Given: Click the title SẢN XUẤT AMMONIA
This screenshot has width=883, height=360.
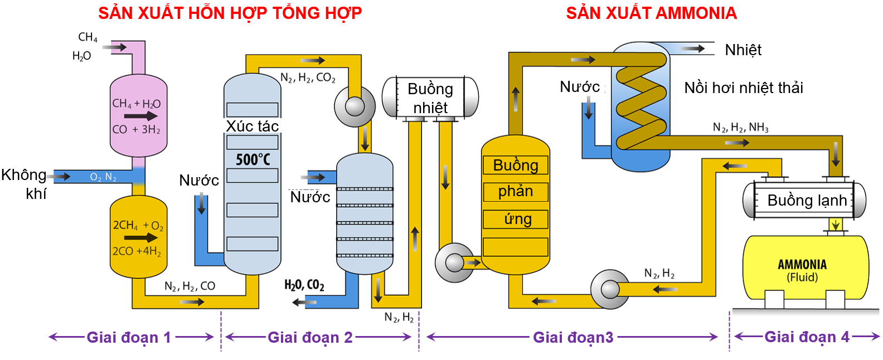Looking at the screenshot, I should [x=651, y=13].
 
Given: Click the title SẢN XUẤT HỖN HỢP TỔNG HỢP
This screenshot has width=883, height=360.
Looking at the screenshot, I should [x=230, y=13].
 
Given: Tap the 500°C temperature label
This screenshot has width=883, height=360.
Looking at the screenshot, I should [x=253, y=159].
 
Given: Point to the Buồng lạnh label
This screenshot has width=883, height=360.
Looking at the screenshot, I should [x=807, y=200].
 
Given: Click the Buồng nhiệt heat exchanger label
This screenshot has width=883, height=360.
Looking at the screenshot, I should [x=430, y=98].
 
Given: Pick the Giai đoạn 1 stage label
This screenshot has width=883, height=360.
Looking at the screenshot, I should [x=129, y=337].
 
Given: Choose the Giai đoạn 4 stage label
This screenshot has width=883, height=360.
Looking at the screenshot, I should [x=807, y=337].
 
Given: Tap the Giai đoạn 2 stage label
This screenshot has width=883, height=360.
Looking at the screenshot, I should [x=310, y=337].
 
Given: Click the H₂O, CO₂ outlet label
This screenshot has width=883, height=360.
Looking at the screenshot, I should [x=304, y=285].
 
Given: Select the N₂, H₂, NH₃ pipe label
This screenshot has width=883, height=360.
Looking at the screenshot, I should [x=740, y=128].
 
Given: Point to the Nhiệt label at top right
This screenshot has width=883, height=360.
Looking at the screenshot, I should [x=743, y=50].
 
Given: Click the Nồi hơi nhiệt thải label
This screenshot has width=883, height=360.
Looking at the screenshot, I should [x=744, y=87].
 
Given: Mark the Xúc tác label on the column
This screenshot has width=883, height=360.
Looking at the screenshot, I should [x=252, y=127].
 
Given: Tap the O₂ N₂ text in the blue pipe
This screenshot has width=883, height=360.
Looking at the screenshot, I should [x=103, y=177].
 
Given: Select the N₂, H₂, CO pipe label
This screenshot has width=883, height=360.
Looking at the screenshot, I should [x=190, y=286].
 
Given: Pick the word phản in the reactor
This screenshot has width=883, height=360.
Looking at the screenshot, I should [x=516, y=191].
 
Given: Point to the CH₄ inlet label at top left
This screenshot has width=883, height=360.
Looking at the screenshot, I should [x=88, y=37].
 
